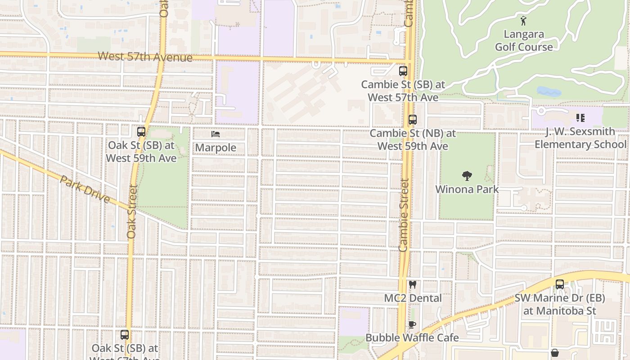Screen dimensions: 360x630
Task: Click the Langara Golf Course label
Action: point(524,40)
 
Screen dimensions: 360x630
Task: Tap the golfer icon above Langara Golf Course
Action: point(523,21)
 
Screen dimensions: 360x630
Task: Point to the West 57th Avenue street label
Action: point(145,57)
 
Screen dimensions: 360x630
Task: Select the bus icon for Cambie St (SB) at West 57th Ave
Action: point(403,71)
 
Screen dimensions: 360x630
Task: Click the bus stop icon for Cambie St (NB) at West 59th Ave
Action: point(413,120)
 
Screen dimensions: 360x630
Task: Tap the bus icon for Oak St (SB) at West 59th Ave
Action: point(141,132)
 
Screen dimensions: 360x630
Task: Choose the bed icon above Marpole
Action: point(216,134)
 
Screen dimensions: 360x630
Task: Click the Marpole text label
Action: point(216,148)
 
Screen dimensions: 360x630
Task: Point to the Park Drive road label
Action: point(85,189)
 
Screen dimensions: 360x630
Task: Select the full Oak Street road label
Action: point(131,211)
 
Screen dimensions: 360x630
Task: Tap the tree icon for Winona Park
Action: point(467,176)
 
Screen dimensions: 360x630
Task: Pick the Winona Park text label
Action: point(467,189)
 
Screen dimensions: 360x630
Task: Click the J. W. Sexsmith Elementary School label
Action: point(580,138)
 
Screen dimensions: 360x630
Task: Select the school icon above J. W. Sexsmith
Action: point(580,118)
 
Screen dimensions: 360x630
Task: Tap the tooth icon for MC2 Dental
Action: point(413,284)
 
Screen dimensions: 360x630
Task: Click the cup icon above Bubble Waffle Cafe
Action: point(412,324)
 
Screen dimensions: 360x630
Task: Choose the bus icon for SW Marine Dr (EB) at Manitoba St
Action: point(560,284)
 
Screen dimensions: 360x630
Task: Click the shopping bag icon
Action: point(555,353)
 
